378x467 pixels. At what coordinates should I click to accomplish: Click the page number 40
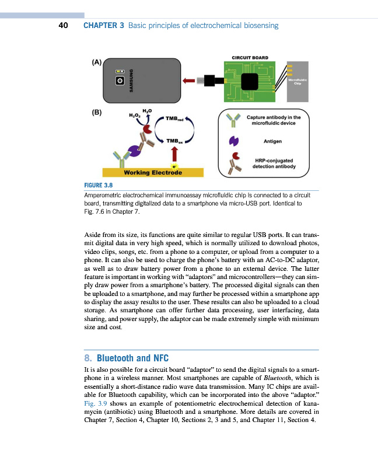click(x=64, y=26)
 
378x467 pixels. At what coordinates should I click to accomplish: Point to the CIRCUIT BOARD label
click(x=250, y=57)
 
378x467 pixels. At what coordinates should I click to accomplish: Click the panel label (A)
click(x=97, y=61)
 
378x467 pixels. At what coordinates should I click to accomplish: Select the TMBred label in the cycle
click(x=174, y=119)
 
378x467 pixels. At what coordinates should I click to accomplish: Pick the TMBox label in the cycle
click(x=174, y=141)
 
